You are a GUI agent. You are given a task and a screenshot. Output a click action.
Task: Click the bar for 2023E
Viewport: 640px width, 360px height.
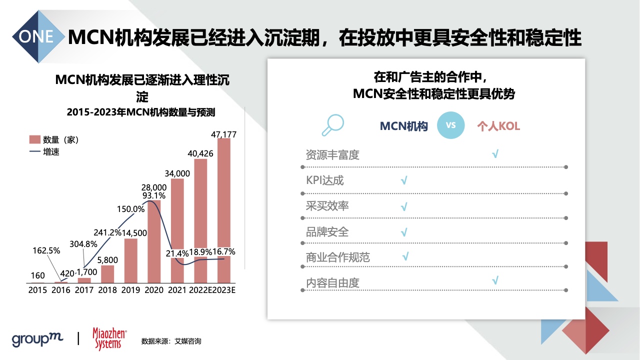pyautogui.click(x=223, y=210)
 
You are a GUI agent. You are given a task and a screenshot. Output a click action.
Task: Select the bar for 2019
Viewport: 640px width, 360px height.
pyautogui.click(x=131, y=260)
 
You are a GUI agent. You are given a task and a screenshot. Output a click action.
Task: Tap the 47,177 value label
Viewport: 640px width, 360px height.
pyautogui.click(x=223, y=134)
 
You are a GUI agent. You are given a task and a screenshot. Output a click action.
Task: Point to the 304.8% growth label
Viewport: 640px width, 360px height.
pyautogui.click(x=83, y=244)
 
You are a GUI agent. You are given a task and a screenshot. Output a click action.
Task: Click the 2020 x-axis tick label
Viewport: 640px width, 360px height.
pyautogui.click(x=154, y=290)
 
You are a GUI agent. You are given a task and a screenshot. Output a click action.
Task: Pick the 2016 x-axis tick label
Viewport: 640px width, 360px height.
pyautogui.click(x=61, y=290)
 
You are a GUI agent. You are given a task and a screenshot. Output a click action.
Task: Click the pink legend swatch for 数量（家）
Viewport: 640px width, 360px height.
pyautogui.click(x=35, y=139)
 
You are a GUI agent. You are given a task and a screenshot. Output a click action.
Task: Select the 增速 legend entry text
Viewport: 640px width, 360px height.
pyautogui.click(x=51, y=151)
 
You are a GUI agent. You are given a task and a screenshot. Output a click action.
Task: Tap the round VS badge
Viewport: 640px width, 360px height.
pyautogui.click(x=450, y=125)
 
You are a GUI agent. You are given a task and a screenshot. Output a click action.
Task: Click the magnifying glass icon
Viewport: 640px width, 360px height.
pyautogui.click(x=333, y=125)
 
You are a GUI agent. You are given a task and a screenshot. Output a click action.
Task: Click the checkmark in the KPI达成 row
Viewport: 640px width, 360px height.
pyautogui.click(x=404, y=180)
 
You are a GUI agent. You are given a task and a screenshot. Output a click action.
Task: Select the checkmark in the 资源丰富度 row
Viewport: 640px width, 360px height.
pyautogui.click(x=495, y=153)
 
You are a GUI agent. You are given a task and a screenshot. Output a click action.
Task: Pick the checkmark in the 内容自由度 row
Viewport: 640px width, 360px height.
pyautogui.click(x=495, y=280)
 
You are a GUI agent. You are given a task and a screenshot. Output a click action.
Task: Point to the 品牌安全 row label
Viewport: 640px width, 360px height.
pyautogui.click(x=327, y=232)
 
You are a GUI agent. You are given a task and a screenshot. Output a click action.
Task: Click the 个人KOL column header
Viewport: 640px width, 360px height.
pyautogui.click(x=498, y=126)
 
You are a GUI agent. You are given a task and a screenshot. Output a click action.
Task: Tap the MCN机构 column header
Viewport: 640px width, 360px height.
pyautogui.click(x=403, y=126)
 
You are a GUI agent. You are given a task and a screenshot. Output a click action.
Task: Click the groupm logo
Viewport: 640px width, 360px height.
pyautogui.click(x=37, y=339)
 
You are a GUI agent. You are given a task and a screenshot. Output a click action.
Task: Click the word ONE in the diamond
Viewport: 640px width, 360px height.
pyautogui.click(x=36, y=36)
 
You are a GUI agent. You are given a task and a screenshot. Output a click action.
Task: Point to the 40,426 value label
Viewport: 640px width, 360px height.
pyautogui.click(x=200, y=153)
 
